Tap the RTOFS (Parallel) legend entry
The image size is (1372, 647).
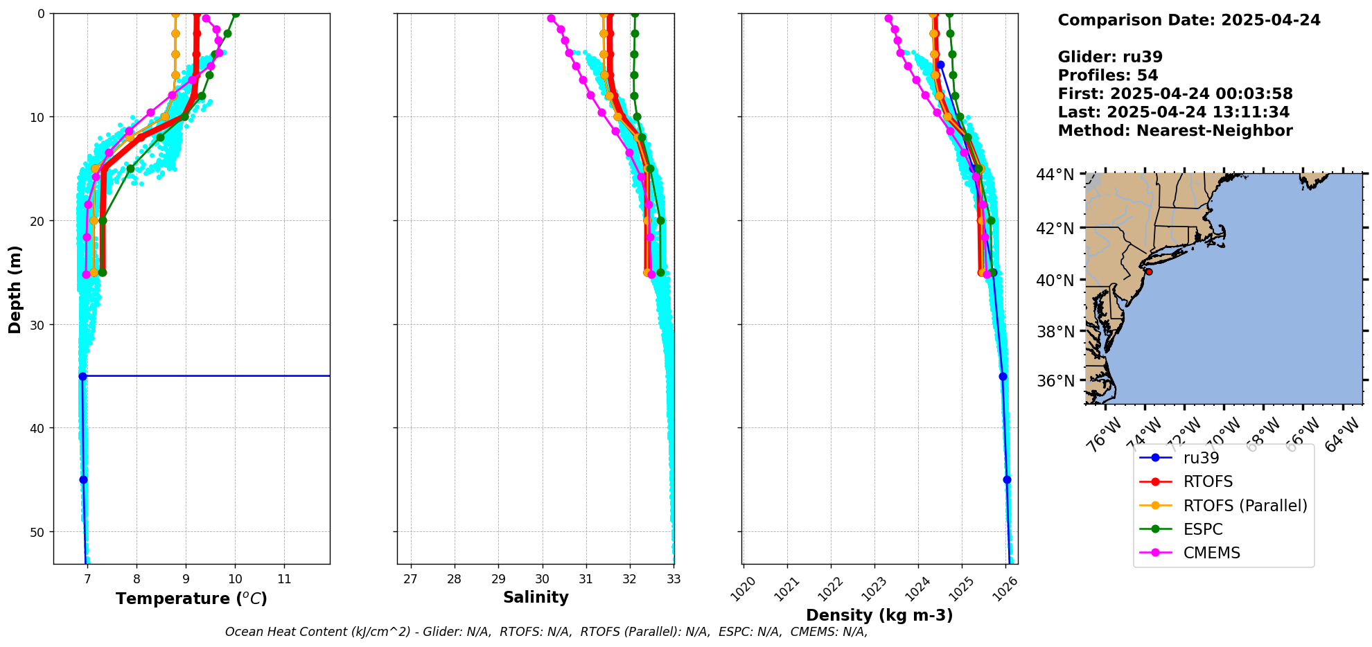pyautogui.click(x=1245, y=506)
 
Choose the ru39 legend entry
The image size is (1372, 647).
pyautogui.click(x=1201, y=458)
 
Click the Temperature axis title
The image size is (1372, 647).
pyautogui.click(x=191, y=599)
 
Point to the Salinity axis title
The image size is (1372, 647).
pyautogui.click(x=536, y=597)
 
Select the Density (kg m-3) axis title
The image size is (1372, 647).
pyautogui.click(x=879, y=615)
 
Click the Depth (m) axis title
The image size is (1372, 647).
pyautogui.click(x=15, y=289)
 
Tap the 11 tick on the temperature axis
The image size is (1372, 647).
pyautogui.click(x=284, y=579)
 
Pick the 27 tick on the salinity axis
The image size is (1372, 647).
pyautogui.click(x=410, y=579)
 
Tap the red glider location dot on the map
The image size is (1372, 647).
pyautogui.click(x=1149, y=272)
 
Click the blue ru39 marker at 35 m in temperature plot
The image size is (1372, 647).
pyautogui.click(x=82, y=376)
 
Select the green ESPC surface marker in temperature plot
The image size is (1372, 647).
pyautogui.click(x=236, y=13)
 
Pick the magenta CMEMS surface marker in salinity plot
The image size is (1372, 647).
pyautogui.click(x=551, y=18)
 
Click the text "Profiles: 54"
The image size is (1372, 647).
pyautogui.click(x=1107, y=76)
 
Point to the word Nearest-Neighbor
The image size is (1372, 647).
pyautogui.click(x=1214, y=131)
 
